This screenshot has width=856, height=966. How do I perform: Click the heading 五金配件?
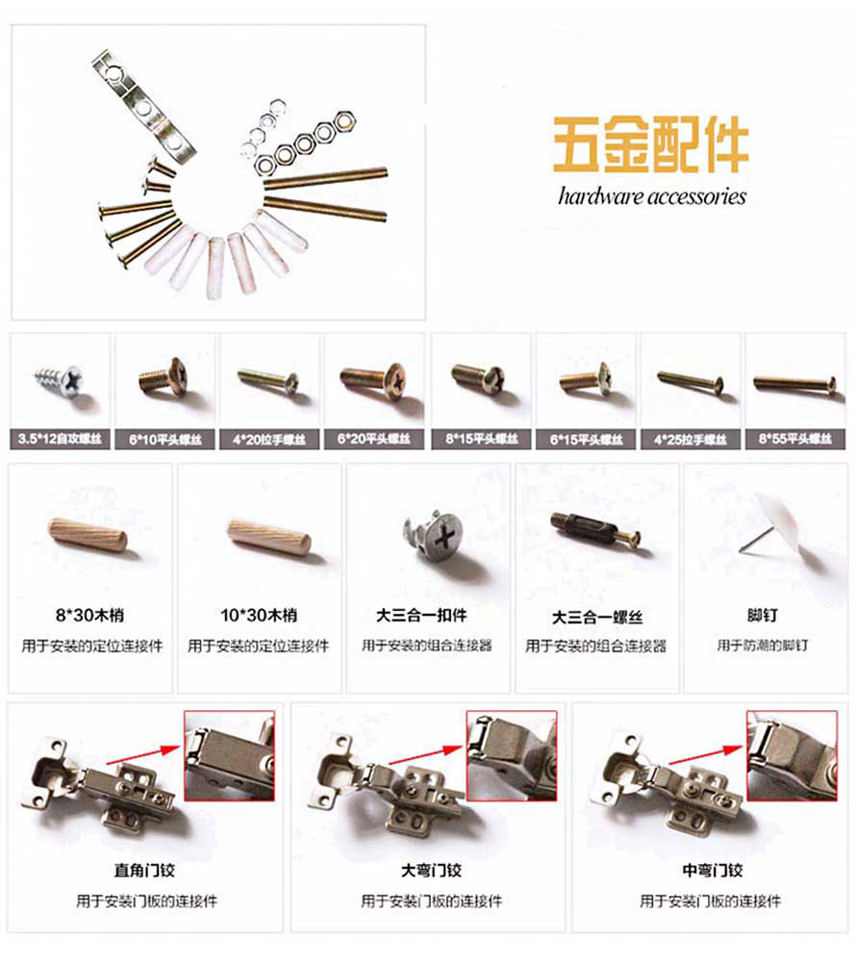pos(650,146)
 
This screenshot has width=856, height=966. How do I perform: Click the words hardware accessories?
pos(651,196)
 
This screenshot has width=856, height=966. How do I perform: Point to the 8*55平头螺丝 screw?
pos(793,384)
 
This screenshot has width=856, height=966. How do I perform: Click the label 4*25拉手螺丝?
pos(690,439)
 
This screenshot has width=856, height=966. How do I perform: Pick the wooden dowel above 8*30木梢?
pos(88,533)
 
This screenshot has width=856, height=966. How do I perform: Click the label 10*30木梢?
pos(258,616)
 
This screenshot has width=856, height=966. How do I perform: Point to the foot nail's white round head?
pos(789,529)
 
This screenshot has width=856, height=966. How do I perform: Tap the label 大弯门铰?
pos(431,871)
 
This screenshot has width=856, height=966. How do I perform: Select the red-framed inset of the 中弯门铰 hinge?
pos(791,754)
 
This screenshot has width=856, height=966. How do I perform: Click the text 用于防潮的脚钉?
pos(763,646)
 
